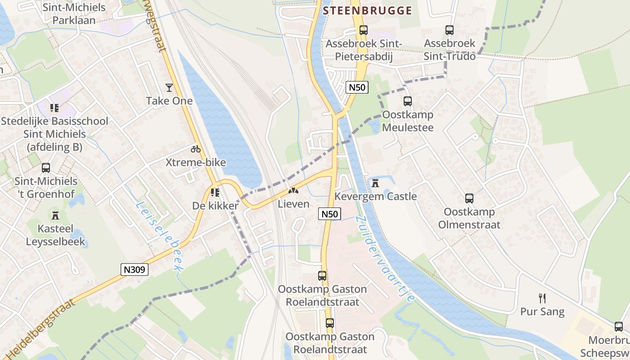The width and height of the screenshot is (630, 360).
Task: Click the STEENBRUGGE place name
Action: (x=367, y=11)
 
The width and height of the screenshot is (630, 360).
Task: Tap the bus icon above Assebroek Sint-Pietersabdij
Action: (x=364, y=30)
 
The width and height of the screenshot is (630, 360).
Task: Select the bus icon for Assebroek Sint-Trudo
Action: (x=449, y=30)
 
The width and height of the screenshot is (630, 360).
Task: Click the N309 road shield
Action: (x=135, y=270)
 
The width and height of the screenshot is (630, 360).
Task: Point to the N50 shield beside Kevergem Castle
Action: (x=330, y=214)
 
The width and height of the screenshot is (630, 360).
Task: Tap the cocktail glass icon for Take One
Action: (x=169, y=88)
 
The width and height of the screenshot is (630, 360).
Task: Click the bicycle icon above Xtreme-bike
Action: (x=196, y=149)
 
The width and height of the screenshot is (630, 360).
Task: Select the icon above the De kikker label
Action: (x=215, y=193)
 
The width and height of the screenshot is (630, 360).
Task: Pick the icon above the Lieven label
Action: (x=293, y=191)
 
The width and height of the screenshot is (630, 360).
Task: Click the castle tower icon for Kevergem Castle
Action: (x=375, y=183)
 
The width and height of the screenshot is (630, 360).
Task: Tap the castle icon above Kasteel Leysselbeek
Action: (x=55, y=215)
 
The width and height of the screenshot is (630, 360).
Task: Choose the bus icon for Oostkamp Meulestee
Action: (x=408, y=101)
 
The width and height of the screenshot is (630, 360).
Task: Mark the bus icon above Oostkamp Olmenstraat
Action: (x=469, y=198)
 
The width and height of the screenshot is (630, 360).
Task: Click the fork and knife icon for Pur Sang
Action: (x=542, y=298)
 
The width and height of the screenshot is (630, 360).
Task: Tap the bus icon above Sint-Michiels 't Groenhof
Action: (x=46, y=168)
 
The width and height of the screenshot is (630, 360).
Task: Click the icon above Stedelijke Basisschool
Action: (x=54, y=108)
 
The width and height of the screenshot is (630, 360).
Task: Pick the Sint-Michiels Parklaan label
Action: (x=74, y=14)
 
